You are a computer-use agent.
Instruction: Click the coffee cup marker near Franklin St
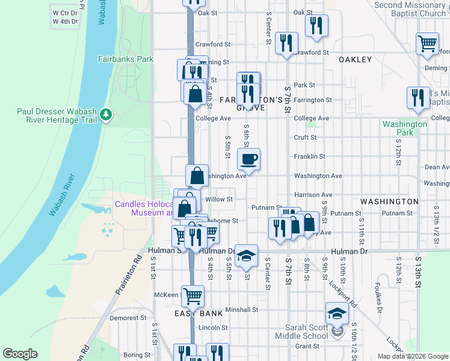[x=248, y=159]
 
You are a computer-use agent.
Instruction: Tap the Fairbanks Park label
[x=126, y=60]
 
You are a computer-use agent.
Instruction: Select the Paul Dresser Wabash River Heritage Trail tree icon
[x=106, y=114]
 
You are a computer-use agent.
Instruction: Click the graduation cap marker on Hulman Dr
[x=245, y=256]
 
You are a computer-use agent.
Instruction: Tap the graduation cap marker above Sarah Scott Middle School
[x=336, y=313]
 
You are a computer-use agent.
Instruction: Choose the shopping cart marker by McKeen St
[x=193, y=295]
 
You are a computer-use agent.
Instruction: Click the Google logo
[x=20, y=354]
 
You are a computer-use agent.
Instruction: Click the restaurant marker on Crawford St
[x=286, y=43]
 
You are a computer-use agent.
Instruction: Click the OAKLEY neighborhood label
[x=356, y=60]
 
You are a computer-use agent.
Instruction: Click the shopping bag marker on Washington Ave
[x=197, y=176]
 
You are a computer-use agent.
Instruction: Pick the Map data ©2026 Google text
[x=412, y=356]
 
